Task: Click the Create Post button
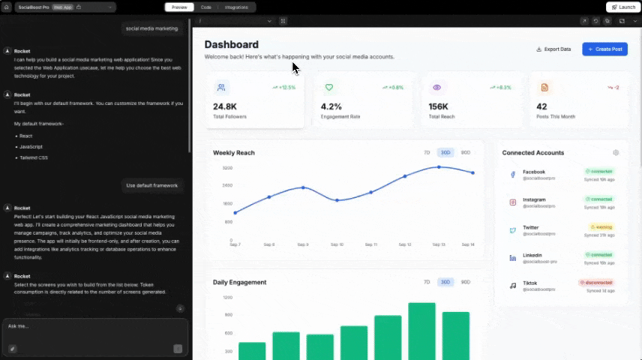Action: [604, 49]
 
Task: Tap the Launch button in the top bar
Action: [623, 7]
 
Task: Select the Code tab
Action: [205, 7]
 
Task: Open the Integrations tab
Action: [236, 7]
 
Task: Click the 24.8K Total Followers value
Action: [225, 106]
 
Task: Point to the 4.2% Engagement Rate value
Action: [331, 106]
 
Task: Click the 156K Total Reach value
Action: [439, 106]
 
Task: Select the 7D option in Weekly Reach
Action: [427, 152]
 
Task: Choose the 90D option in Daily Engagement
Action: [465, 282]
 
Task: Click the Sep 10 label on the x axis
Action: [337, 244]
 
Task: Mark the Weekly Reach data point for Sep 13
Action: [439, 167]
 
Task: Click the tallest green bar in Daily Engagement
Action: [421, 330]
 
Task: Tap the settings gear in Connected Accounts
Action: [616, 153]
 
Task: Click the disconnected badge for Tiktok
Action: [597, 283]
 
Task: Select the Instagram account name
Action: [534, 199]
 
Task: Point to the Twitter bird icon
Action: [513, 230]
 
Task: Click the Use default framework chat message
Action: [152, 185]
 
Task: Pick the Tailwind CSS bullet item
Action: [34, 157]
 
